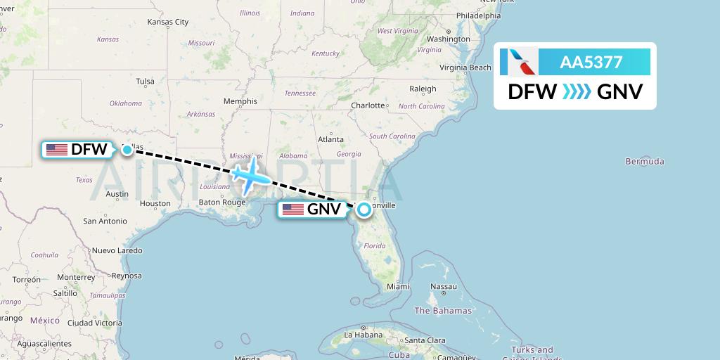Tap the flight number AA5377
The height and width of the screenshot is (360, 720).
tap(591, 63)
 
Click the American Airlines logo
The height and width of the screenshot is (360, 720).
tap(519, 63)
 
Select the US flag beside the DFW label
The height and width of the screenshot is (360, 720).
tap(56, 150)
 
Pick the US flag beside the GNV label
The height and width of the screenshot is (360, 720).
tap(292, 209)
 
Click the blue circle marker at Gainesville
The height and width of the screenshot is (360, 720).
tap(364, 209)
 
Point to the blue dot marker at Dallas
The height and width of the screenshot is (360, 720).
tap(127, 149)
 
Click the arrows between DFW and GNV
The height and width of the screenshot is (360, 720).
tap(577, 92)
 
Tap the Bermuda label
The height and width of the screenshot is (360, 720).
tap(644, 162)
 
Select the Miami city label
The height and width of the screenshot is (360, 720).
tap(397, 287)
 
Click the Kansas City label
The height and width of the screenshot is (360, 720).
tap(167, 22)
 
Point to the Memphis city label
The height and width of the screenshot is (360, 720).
tap(240, 101)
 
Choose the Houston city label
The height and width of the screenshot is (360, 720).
tap(155, 204)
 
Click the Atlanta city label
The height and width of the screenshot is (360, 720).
tap(330, 139)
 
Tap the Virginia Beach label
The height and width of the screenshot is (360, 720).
tap(465, 68)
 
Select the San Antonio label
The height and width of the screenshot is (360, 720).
tap(105, 221)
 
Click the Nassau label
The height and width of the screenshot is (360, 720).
tap(444, 287)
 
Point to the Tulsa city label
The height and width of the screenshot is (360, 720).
tap(146, 82)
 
